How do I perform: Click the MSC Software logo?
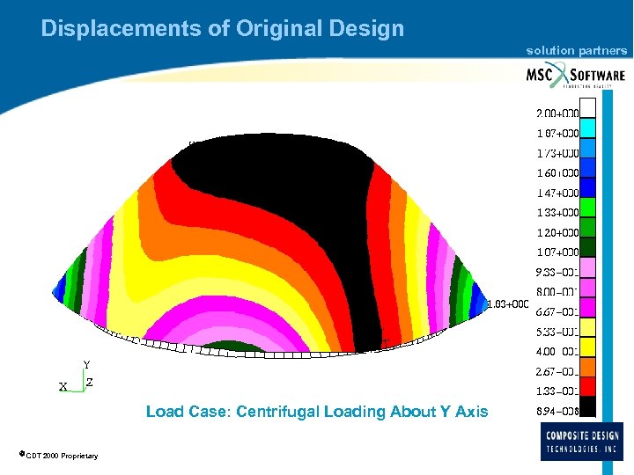click(576, 75)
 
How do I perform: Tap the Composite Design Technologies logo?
click(583, 441)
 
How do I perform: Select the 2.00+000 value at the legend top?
click(557, 113)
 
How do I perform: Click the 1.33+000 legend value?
click(557, 212)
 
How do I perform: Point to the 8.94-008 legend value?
click(557, 411)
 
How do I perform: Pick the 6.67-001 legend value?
click(557, 311)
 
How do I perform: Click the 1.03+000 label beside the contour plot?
click(508, 304)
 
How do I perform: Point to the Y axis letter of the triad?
click(86, 364)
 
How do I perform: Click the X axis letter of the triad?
click(63, 387)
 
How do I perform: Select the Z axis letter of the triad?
click(90, 384)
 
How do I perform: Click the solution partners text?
click(577, 50)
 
